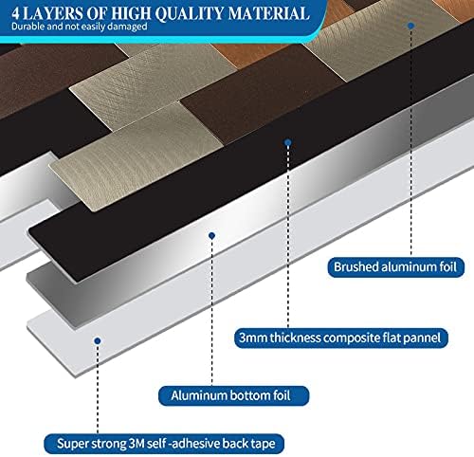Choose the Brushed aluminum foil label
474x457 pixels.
395,267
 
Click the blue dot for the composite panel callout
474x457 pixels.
287,141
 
